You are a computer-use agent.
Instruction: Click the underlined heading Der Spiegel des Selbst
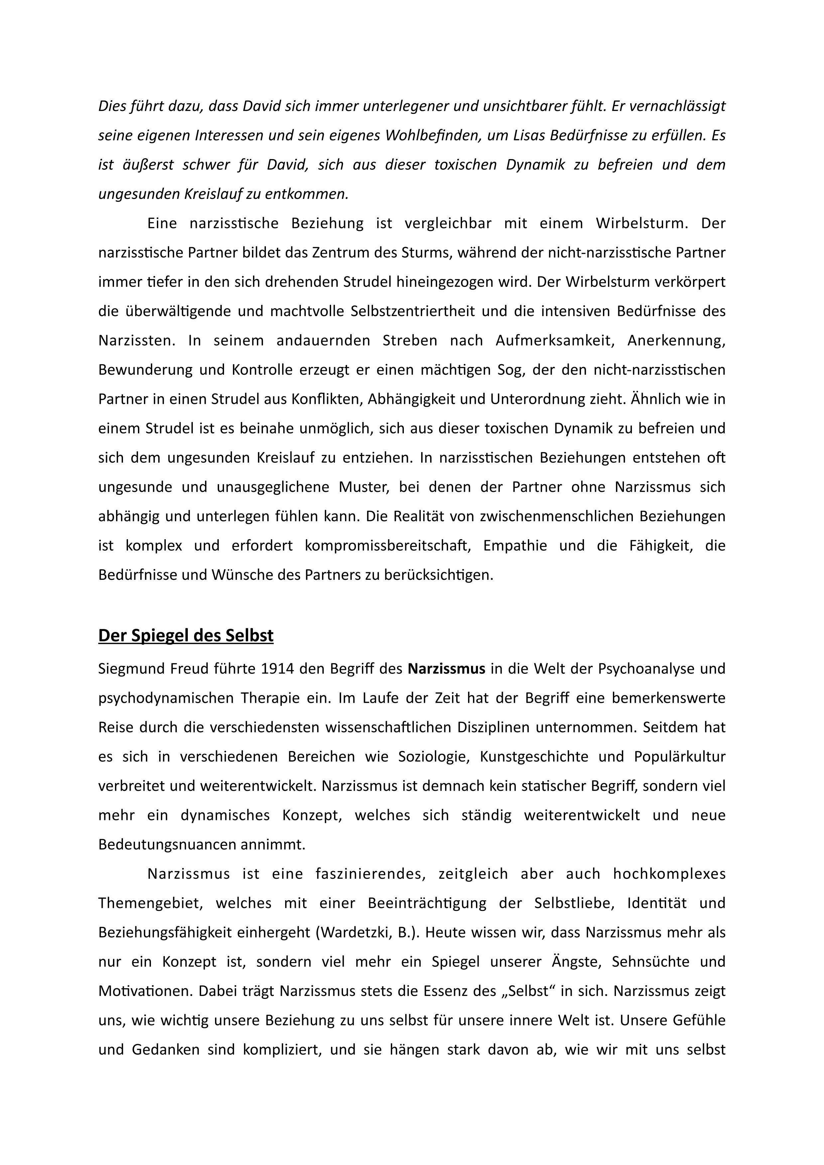(x=186, y=635)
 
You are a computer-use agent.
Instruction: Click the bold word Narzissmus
(x=446, y=669)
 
